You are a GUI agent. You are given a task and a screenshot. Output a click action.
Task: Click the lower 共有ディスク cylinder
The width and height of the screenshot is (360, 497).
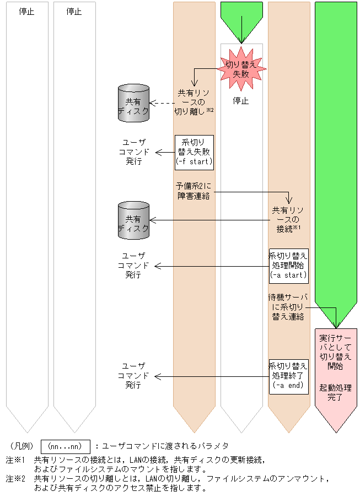[x=133, y=220]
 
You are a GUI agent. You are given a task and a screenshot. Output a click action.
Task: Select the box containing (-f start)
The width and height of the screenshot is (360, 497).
[x=194, y=152]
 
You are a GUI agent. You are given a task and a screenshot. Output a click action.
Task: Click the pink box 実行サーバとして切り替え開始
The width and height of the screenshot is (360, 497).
[x=335, y=350]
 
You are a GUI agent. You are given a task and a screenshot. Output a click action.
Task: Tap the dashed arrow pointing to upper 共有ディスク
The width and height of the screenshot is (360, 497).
[x=163, y=102]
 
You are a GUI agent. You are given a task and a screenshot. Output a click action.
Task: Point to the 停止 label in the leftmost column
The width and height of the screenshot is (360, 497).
[x=26, y=11]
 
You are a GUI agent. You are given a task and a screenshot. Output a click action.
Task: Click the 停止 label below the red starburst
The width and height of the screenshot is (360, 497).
[x=241, y=101]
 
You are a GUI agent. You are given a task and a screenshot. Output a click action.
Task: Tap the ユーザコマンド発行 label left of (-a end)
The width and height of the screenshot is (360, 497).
[x=133, y=375]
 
